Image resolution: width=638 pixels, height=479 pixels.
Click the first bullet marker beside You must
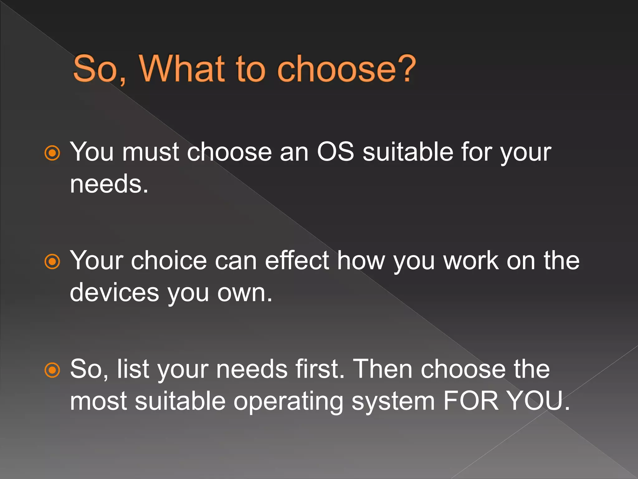[52, 153]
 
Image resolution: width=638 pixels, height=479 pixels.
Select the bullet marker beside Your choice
[52, 261]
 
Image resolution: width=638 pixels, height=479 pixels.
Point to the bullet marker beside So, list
[52, 370]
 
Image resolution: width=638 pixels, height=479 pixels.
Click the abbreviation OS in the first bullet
[335, 152]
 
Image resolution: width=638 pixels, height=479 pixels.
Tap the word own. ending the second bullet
[245, 293]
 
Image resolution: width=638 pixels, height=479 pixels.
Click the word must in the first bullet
[151, 152]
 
